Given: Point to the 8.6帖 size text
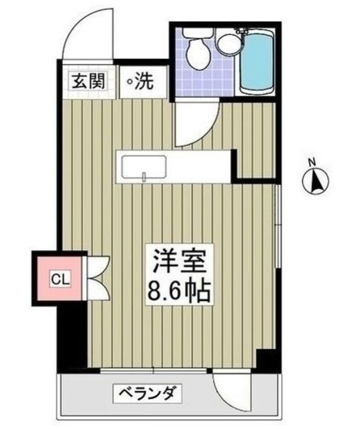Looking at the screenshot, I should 178,290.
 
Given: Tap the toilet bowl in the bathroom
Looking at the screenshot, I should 198,55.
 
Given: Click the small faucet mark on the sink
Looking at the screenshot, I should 144,177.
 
